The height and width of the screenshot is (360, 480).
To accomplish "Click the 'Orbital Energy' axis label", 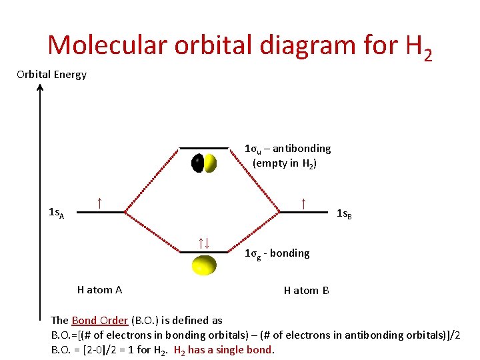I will (x=51, y=74).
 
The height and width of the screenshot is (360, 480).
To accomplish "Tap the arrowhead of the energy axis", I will (x=40, y=89).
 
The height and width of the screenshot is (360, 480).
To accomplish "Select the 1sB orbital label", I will (x=344, y=214).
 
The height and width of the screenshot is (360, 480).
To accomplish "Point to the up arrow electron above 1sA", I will (x=99, y=202).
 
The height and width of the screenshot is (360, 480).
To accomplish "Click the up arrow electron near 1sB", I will (x=303, y=202).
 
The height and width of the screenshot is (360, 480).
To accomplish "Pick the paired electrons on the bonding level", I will (x=204, y=243).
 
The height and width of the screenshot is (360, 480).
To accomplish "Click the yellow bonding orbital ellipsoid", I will (x=204, y=265).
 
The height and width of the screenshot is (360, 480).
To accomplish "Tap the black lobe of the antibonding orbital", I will (x=198, y=163).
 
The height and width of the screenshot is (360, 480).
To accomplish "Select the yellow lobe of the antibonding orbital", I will (x=211, y=163).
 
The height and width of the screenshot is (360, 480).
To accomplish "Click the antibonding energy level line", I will (x=204, y=147).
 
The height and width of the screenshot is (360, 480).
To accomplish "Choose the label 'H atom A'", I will (x=99, y=289).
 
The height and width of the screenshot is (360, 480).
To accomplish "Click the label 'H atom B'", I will (x=306, y=290).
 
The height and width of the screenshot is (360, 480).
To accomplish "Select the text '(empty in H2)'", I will (x=284, y=163).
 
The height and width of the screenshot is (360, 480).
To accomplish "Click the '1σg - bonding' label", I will (x=277, y=253).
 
